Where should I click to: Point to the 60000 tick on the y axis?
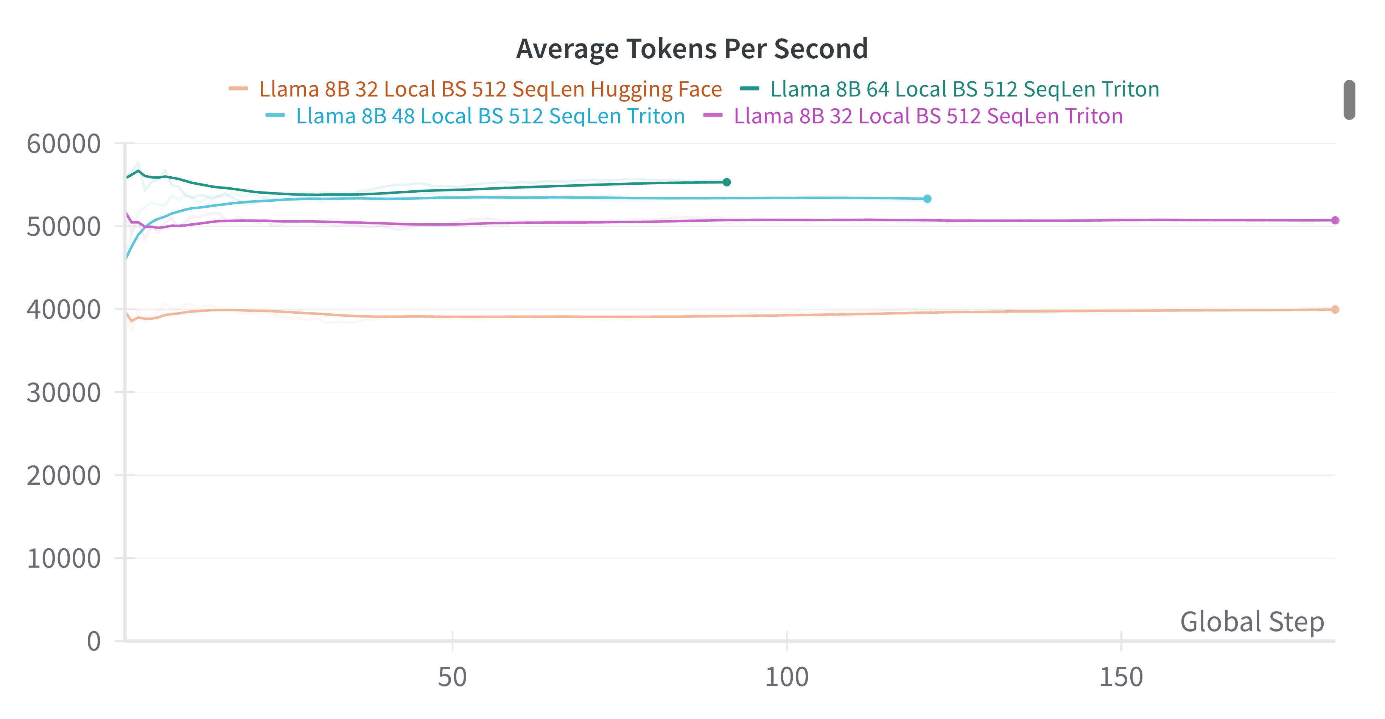tap(64, 144)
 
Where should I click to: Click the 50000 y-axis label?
tap(64, 227)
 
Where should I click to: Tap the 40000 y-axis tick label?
tap(64, 310)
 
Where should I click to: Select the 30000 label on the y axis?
tap(64, 393)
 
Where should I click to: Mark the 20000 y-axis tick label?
tap(64, 476)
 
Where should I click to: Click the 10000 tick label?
tap(64, 559)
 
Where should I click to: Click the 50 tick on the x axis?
tap(452, 677)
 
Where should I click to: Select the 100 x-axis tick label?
tap(787, 677)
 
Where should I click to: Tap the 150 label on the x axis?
tap(1121, 677)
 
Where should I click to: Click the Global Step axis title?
tap(1252, 622)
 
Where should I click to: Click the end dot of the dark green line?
tap(727, 182)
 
